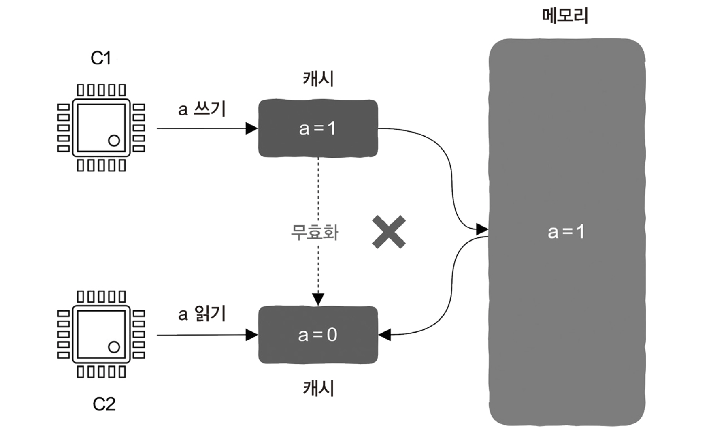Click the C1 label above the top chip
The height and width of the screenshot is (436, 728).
tap(100, 58)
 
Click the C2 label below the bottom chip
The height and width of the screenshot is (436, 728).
tap(104, 404)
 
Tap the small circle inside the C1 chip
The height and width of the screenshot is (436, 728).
tap(114, 140)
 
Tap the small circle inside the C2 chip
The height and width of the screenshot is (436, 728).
tap(114, 347)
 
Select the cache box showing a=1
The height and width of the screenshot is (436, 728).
tap(318, 128)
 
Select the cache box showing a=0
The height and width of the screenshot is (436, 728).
tap(318, 335)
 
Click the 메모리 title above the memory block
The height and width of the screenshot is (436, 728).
tap(565, 16)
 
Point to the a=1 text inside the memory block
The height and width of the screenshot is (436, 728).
tap(566, 232)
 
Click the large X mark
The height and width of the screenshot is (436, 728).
tap(389, 232)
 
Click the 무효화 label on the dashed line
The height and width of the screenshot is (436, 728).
tap(315, 233)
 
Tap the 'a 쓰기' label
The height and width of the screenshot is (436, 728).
tap(202, 109)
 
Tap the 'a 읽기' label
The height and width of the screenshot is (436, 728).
tap(202, 314)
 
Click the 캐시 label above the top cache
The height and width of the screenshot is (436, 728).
tap(318, 78)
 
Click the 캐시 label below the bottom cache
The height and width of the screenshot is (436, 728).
tap(318, 388)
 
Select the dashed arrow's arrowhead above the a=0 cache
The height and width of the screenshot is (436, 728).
tap(318, 299)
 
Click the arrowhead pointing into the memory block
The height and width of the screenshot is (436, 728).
tap(482, 229)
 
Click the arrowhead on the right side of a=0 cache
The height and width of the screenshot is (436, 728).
tap(385, 335)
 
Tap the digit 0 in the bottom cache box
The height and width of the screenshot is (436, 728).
tap(332, 335)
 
